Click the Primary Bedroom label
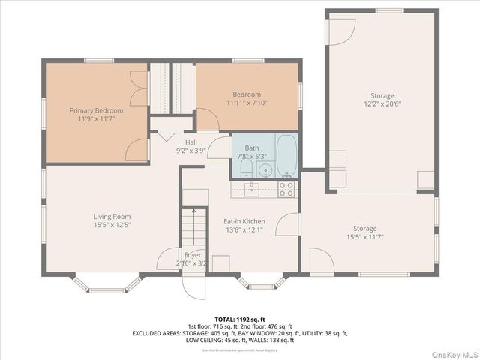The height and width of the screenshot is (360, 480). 96,110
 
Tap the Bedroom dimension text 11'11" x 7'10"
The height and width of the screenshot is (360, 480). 247,103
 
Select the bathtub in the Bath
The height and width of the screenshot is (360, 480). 286,155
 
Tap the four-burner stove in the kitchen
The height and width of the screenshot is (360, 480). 286,189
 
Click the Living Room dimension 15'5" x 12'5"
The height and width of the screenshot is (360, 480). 112,224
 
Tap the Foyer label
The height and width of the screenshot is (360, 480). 192,255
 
